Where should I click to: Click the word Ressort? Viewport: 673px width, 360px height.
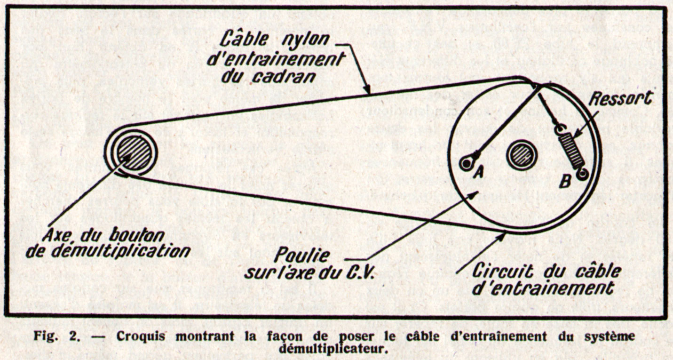tap(621, 98)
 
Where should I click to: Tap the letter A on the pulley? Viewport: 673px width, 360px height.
tap(479, 172)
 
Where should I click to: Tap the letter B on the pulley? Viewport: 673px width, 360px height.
tap(564, 182)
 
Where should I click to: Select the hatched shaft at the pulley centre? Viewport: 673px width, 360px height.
tap(521, 155)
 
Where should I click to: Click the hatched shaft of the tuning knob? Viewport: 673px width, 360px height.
tap(134, 152)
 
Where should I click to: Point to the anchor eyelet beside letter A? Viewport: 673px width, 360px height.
tap(466, 164)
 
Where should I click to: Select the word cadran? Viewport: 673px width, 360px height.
tap(284, 77)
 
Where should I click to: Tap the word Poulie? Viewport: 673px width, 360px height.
tap(301, 256)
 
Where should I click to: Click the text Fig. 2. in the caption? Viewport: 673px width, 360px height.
tap(56, 336)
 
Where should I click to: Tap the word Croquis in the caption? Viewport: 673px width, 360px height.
tap(141, 336)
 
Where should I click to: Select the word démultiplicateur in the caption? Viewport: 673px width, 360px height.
tap(333, 349)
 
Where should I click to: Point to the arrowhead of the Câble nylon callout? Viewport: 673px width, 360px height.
tap(367, 89)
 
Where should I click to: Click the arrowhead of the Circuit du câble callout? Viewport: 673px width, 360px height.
tap(501, 237)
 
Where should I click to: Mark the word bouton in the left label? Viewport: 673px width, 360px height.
tap(137, 236)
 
